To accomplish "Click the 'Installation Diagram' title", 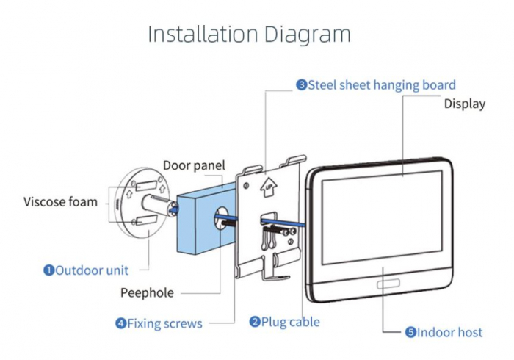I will [x=249, y=34].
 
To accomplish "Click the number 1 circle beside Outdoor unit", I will [x=48, y=270].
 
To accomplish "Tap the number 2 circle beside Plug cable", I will [x=255, y=321].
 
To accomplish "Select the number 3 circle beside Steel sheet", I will [x=301, y=84].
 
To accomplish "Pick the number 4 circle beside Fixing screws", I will [x=120, y=323].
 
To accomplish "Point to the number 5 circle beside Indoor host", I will [x=410, y=332].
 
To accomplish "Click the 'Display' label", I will [x=464, y=104].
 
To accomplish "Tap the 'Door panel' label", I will [x=194, y=165].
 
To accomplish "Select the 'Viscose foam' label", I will [x=60, y=201].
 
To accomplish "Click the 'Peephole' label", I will [x=147, y=292].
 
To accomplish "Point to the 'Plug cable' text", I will [x=294, y=321].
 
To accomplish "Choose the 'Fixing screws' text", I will [x=164, y=323].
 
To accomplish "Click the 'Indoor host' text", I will [x=450, y=332].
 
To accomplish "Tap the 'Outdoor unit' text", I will [x=92, y=270].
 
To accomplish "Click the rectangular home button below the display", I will [x=387, y=284].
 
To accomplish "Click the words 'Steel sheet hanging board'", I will [x=382, y=84].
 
